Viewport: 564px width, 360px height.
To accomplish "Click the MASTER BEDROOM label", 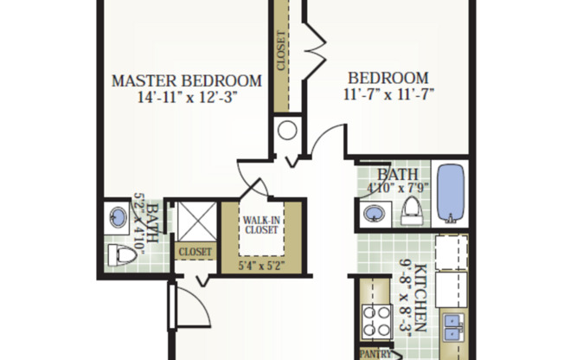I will tap(188, 81).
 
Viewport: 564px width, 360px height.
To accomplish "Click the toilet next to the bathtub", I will tap(412, 209).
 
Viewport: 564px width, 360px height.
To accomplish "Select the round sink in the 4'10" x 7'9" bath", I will tap(375, 213).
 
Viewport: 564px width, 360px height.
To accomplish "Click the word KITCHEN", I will tap(420, 298).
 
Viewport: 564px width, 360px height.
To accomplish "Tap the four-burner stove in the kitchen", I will tap(378, 321).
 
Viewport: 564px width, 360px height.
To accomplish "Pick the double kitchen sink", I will tap(452, 327).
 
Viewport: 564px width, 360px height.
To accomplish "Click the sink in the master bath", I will tap(115, 216).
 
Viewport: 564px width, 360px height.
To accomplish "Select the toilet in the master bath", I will tap(115, 254).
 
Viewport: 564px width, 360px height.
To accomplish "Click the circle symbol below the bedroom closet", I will tap(288, 132).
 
